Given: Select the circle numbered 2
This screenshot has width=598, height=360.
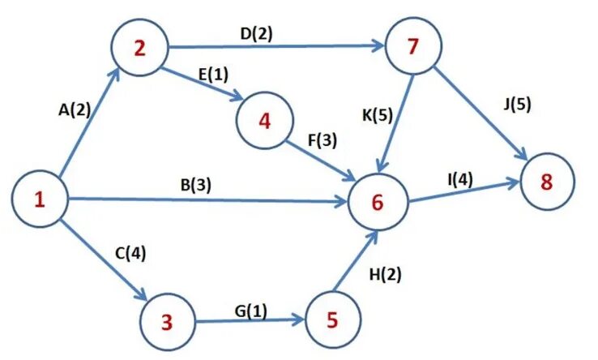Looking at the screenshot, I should tap(139, 49).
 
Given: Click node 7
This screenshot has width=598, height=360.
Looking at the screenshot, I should tap(413, 47).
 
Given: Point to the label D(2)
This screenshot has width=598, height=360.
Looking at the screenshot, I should tap(256, 35).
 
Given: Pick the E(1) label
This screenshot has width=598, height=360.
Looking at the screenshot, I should tap(213, 75).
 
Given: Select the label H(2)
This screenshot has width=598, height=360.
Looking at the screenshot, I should tap(387, 274).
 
